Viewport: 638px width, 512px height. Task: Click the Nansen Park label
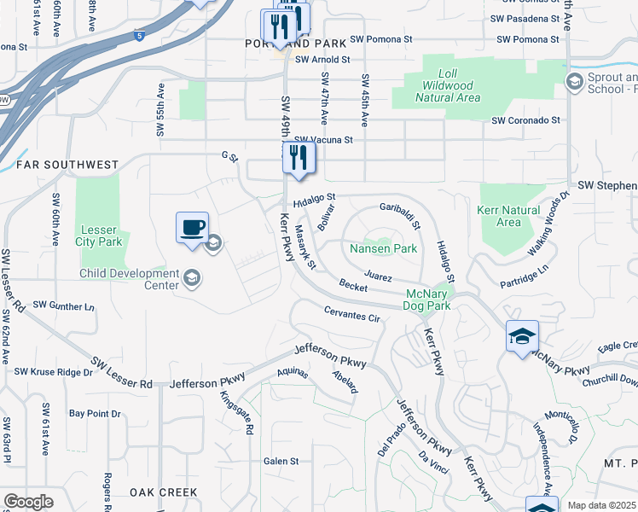pos(383,249)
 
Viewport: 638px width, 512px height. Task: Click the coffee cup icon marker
pos(192,228)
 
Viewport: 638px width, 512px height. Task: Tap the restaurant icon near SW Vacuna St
pos(299,158)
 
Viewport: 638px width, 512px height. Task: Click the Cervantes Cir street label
pos(351,314)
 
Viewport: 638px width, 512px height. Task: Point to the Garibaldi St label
pos(400,216)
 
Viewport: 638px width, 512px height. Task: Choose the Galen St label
pos(281,461)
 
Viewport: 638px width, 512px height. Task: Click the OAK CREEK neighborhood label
pos(164,492)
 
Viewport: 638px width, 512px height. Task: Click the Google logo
pos(28,502)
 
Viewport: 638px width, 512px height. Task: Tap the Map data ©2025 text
pos(600,505)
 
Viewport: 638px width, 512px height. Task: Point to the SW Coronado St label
pos(525,121)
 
